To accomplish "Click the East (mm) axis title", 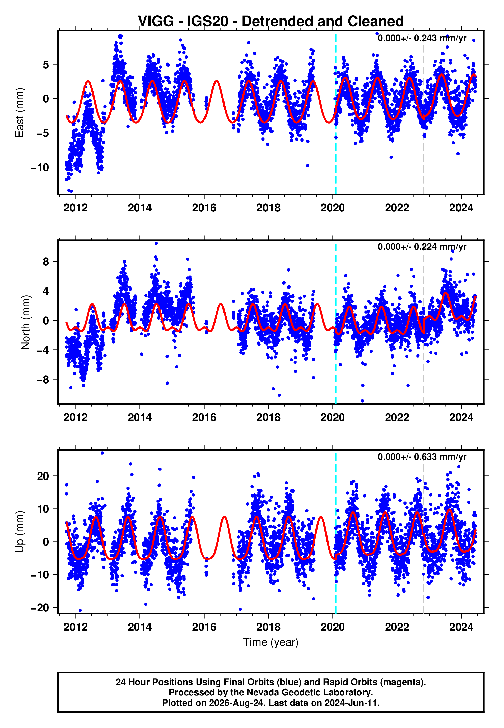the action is click(20, 113).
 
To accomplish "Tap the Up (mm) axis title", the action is click(20, 532).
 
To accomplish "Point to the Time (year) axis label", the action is click(271, 642).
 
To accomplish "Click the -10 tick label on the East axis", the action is click(40, 167).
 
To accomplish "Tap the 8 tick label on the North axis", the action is click(46, 262).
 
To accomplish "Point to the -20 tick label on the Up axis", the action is click(40, 608).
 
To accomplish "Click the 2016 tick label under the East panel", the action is click(204, 208).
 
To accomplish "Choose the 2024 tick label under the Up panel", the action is click(461, 627).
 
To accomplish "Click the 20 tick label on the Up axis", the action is click(43, 476).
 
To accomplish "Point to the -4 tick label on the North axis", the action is click(43, 350).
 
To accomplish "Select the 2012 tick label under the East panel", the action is click(76, 208).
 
